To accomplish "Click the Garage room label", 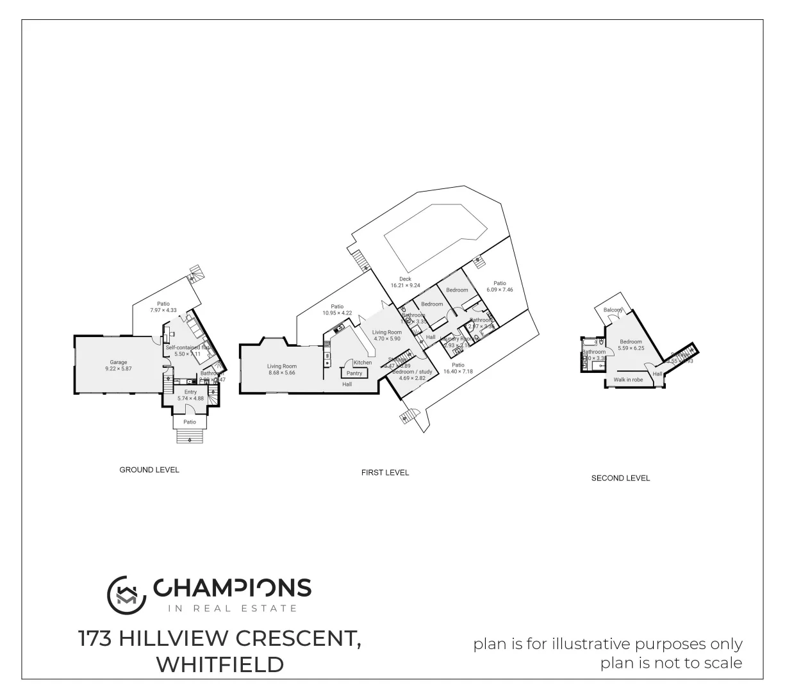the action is (x=118, y=362).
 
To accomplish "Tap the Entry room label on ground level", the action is (x=190, y=392).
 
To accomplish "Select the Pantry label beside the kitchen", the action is (x=354, y=373).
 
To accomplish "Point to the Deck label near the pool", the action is (x=405, y=279).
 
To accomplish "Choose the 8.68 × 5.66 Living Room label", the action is (x=282, y=367).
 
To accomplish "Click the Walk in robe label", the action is (x=628, y=380).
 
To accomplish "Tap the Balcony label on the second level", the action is (x=613, y=310).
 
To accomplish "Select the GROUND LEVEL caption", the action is (x=149, y=470).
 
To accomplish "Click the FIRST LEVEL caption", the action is (x=384, y=472).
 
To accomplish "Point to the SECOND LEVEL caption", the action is (x=620, y=478).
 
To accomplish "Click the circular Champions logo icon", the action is (x=124, y=591).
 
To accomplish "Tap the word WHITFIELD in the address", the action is (x=220, y=664).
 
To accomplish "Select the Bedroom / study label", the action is (x=413, y=372).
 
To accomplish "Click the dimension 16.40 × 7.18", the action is (x=458, y=372).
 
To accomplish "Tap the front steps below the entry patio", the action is (x=190, y=436).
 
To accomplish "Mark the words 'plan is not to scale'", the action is (x=671, y=663).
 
